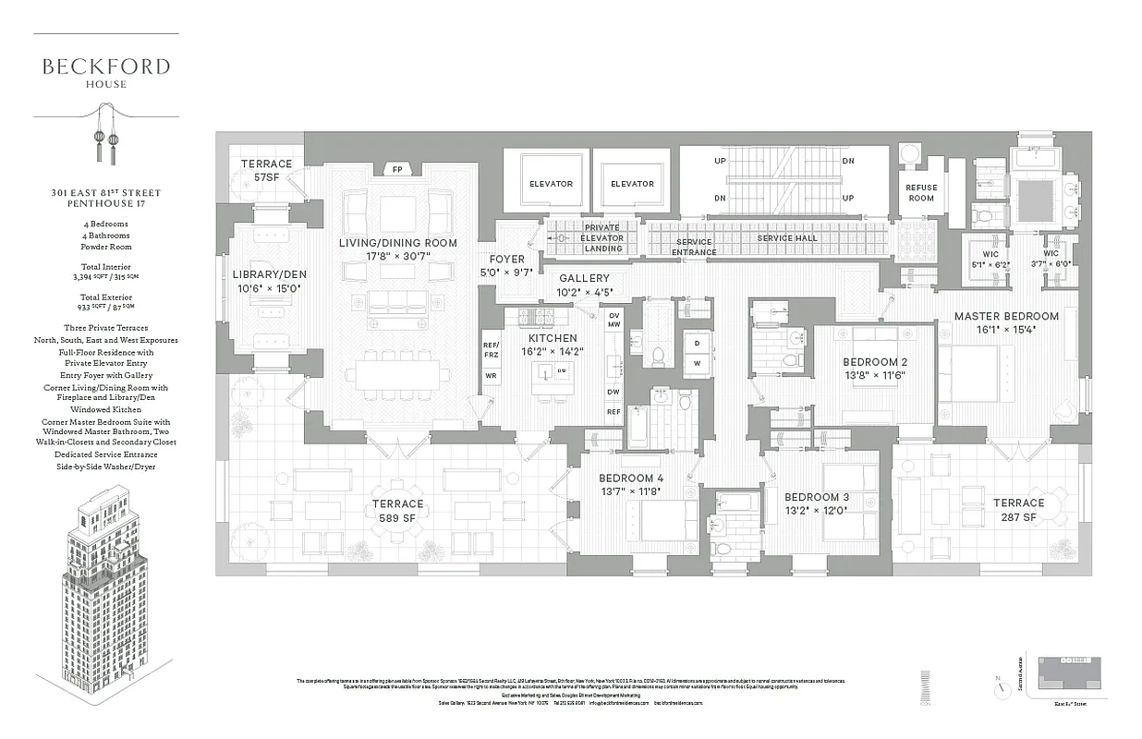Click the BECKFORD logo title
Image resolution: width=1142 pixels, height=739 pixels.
click(106, 67)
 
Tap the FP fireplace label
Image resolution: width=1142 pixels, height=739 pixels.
click(397, 170)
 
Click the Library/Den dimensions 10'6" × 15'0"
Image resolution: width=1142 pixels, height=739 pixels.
click(269, 288)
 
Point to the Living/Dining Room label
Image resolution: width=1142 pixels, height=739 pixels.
click(384, 243)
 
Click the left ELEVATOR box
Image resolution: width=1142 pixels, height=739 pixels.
click(551, 184)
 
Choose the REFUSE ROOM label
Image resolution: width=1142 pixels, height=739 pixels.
click(920, 193)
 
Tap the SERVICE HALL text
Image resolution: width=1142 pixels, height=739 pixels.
click(787, 238)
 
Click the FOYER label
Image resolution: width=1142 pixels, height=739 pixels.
click(506, 260)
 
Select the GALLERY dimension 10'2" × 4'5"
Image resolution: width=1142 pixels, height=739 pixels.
click(585, 293)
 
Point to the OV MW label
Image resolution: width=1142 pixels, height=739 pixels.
click(614, 320)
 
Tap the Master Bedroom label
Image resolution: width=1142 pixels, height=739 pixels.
click(1006, 316)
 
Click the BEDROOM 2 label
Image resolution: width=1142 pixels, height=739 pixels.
click(874, 361)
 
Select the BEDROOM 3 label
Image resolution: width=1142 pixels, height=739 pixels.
click(817, 497)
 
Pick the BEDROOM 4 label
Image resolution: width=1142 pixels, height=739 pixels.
click(631, 478)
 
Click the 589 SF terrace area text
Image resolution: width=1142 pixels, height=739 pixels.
click(397, 518)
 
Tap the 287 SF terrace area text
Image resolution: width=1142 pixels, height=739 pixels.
click(1018, 517)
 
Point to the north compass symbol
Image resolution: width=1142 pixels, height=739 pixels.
click(997, 688)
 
